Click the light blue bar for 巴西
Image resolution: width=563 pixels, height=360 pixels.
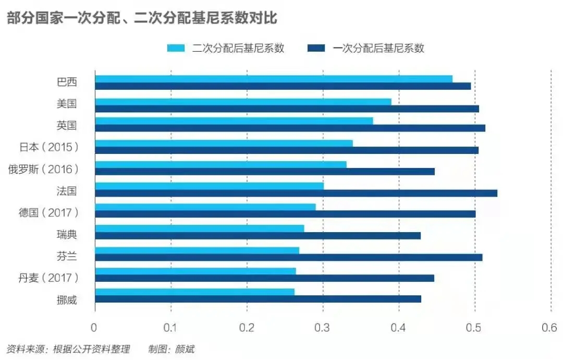tap(274, 79)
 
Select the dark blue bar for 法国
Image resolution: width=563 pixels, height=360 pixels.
tap(296, 193)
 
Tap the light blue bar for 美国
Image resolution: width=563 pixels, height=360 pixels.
tap(243, 102)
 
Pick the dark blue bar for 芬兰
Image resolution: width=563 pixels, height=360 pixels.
tap(288, 257)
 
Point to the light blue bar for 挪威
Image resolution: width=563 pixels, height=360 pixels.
tap(194, 292)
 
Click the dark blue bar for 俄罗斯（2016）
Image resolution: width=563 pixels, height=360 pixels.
tap(265, 172)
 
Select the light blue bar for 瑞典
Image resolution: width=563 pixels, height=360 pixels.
tap(199, 228)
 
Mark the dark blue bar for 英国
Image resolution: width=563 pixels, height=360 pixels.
tap(290, 128)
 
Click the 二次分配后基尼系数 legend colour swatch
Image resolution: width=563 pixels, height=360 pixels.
tap(177, 49)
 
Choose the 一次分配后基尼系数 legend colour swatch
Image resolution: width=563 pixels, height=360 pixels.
tap(316, 49)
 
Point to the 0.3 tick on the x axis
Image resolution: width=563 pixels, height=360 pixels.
tap(323, 328)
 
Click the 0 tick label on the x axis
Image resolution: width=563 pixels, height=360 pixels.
tap(94, 328)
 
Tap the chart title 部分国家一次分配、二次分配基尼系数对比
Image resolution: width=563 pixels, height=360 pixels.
tap(142, 19)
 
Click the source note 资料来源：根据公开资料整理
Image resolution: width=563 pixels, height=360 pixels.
tap(68, 349)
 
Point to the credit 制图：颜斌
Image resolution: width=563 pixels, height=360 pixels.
tap(171, 349)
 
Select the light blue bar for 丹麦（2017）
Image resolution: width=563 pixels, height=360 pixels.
tap(195, 271)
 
